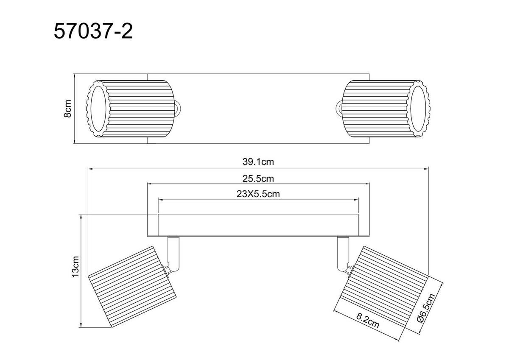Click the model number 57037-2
click(x=93, y=31)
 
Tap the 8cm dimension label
click(x=67, y=109)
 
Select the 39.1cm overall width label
click(x=258, y=162)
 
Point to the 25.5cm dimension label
click(x=258, y=179)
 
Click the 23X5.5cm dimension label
click(x=258, y=194)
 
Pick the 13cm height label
click(x=75, y=266)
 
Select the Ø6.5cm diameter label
click(x=426, y=308)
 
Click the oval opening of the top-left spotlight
click(x=98, y=109)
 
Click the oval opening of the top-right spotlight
click(x=418, y=109)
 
